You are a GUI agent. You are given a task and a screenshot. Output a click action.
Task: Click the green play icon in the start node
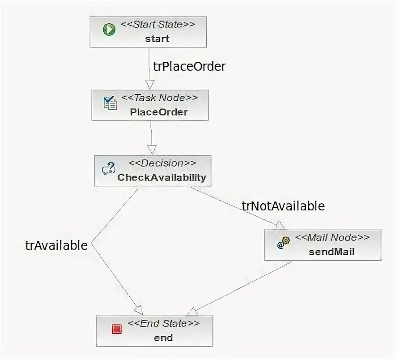click(109, 30)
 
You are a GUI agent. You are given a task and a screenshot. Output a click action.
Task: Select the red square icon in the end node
click(117, 329)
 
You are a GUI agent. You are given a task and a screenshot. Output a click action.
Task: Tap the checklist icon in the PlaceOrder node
click(110, 103)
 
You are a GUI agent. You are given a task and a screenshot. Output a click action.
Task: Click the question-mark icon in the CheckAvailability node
click(109, 169)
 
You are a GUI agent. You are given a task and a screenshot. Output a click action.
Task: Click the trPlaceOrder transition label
click(189, 66)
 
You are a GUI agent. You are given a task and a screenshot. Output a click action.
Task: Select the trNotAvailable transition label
click(283, 206)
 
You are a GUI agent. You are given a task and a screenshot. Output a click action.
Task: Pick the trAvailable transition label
click(56, 245)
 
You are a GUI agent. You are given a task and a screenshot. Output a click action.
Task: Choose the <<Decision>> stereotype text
click(162, 163)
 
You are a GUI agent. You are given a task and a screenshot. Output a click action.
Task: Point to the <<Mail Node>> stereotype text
click(332, 237)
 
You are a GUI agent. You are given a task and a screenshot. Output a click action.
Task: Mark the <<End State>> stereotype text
click(163, 323)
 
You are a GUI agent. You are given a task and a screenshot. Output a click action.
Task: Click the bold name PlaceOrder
click(159, 112)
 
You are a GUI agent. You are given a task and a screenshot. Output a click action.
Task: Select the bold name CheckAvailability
click(162, 178)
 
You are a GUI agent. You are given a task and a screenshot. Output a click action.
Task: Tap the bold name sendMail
click(332, 252)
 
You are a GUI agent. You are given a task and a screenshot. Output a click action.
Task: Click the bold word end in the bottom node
click(163, 338)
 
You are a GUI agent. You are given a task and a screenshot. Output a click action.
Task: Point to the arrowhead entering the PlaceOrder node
click(150, 85)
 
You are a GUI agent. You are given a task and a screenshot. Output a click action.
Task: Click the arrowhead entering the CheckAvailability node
click(152, 150)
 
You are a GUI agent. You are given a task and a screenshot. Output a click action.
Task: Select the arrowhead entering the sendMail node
click(280, 225)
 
